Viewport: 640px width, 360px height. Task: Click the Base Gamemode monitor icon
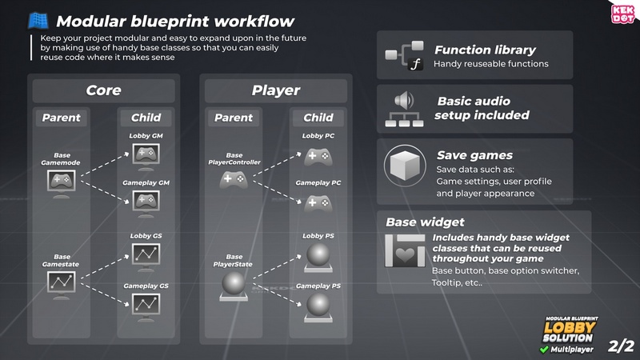[62, 182]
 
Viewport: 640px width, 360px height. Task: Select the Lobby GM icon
[146, 157]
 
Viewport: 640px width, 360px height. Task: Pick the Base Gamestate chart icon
[62, 282]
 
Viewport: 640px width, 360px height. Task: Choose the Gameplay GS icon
[146, 304]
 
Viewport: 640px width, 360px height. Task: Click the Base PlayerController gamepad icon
[234, 181]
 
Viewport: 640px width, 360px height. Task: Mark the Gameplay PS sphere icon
[318, 306]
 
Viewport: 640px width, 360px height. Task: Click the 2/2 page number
[620, 346]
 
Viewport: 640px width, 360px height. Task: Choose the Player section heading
[276, 90]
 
